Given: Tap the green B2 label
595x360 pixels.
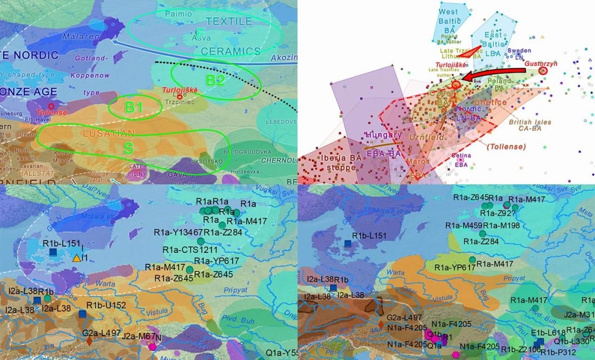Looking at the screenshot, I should coord(215,80).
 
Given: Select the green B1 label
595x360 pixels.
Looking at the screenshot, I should coord(134,107).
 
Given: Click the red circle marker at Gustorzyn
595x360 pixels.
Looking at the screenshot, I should coord(543,70).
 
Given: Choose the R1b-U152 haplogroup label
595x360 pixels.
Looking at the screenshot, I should coord(106,305).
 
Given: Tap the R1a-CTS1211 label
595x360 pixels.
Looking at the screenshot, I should coord(186,250).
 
